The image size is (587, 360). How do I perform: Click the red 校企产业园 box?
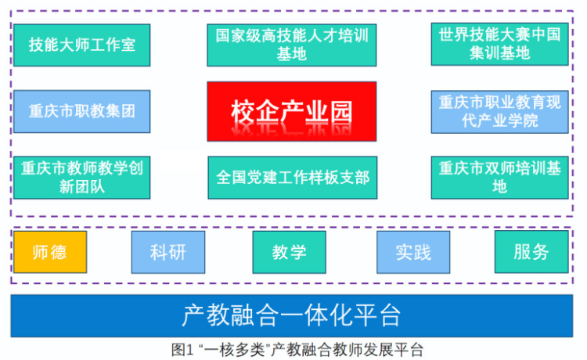click(292, 111)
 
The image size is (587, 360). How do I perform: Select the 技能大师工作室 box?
click(82, 45)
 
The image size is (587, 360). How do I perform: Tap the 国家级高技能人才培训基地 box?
click(292, 45)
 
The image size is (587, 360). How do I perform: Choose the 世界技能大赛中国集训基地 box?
click(500, 44)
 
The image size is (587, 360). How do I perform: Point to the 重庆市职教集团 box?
click(82, 111)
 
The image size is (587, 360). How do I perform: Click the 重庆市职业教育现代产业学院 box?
click(500, 112)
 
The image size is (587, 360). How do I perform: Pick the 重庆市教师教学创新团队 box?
click(82, 178)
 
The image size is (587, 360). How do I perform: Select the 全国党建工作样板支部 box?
click(293, 178)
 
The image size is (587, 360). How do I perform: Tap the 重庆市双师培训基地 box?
click(500, 178)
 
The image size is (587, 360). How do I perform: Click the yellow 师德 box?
click(50, 252)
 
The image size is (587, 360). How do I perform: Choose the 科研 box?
click(168, 252)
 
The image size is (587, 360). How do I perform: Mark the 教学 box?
click(289, 252)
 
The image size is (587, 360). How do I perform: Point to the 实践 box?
click(413, 252)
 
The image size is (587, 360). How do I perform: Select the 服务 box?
click(531, 252)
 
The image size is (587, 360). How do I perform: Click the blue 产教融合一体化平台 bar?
click(292, 316)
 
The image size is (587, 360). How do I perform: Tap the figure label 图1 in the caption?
click(182, 351)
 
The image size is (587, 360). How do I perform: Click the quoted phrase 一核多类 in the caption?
click(235, 351)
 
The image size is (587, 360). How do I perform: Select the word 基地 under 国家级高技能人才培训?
click(292, 54)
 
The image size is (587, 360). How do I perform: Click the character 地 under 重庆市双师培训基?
click(500, 186)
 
